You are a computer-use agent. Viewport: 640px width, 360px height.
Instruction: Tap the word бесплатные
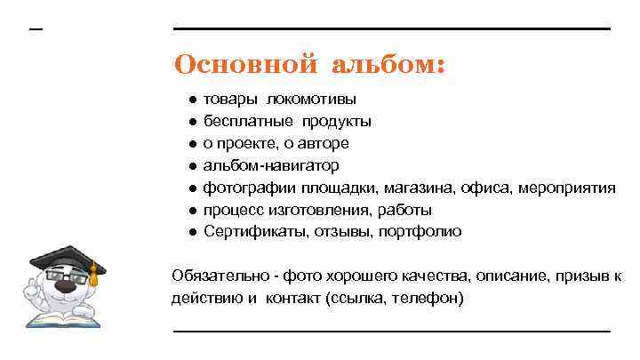[249, 121]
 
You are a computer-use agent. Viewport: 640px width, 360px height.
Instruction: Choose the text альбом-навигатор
[271, 165]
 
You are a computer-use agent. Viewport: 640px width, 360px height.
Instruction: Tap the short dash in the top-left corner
[36, 29]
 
